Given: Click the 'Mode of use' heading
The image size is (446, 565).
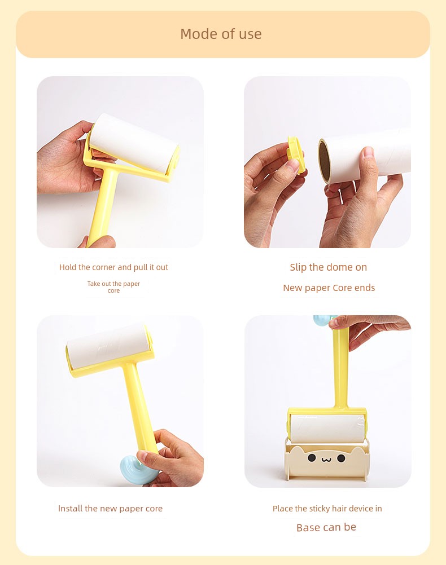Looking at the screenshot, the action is tap(221, 34).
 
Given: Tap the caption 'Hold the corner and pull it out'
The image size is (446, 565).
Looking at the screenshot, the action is tap(113, 267).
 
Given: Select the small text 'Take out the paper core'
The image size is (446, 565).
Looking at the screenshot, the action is tap(113, 287).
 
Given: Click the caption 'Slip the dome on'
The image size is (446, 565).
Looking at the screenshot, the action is tap(329, 267).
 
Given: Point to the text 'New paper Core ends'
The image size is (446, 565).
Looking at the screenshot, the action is tap(329, 288).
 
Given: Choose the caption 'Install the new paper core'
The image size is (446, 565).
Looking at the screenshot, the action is tap(111, 509).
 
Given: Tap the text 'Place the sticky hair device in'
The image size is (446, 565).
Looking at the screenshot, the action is tap(327, 509).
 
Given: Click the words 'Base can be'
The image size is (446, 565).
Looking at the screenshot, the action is tap(326, 527).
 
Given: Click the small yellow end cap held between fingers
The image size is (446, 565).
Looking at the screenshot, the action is tap(296, 155).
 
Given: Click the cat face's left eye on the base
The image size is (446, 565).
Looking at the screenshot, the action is tap(312, 458).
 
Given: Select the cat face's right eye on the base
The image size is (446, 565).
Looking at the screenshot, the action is tap(341, 458).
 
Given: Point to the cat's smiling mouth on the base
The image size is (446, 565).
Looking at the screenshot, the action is tap(326, 460).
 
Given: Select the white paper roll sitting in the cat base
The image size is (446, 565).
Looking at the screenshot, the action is tap(327, 429).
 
